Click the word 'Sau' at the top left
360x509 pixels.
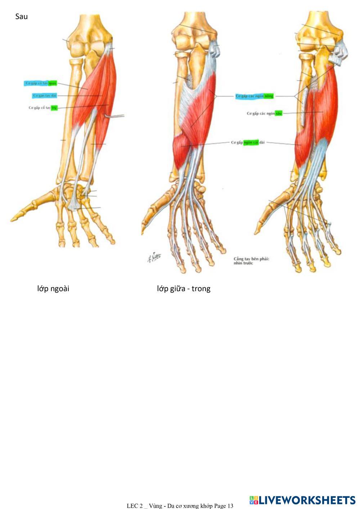coord(21,17)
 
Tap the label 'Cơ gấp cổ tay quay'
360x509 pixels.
coord(41,83)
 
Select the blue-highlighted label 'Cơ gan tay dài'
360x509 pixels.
coord(45,96)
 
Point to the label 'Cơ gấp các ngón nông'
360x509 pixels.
coord(255,96)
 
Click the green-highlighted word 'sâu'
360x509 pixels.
coord(279,113)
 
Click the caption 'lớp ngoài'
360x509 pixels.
coord(53,288)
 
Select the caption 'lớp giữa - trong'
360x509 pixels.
coord(183,288)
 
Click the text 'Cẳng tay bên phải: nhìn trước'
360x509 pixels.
coord(251,261)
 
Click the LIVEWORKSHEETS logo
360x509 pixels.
coord(302,500)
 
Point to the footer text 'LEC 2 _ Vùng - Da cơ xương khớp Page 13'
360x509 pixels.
coord(180,506)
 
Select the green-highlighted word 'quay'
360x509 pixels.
coord(53,83)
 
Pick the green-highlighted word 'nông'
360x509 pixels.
coord(269,96)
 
